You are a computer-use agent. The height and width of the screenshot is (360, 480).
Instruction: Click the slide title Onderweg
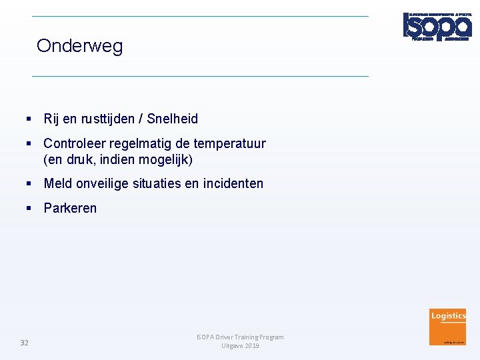point(79,46)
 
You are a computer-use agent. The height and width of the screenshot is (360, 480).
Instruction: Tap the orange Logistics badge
point(448,326)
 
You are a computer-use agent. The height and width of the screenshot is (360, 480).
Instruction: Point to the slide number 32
point(24,343)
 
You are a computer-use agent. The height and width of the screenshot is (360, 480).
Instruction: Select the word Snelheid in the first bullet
point(172,119)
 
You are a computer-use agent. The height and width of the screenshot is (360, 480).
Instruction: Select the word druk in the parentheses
point(77,160)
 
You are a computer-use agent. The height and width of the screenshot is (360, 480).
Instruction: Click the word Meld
point(57,183)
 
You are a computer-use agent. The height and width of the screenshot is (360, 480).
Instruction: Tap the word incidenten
point(233,183)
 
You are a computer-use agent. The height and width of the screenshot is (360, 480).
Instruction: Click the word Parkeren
point(70,208)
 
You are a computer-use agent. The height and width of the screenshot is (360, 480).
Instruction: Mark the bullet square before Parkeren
point(29,208)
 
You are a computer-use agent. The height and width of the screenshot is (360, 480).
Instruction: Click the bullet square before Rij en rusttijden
point(29,119)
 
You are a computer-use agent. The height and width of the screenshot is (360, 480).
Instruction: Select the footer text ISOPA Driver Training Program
point(240,337)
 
